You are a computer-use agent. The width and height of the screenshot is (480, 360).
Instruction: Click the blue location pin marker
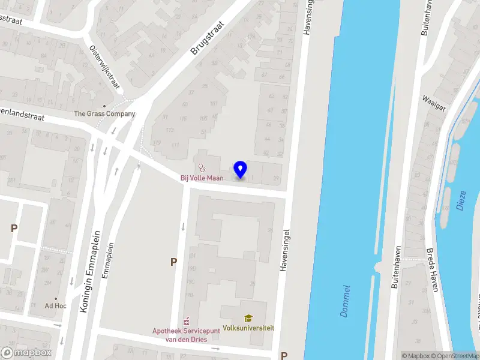[240, 169]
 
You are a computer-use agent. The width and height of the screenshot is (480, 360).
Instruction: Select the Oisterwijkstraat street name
[103, 65]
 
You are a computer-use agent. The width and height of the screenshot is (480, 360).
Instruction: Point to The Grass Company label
[104, 114]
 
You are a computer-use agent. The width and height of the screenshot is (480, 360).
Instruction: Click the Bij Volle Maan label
[202, 178]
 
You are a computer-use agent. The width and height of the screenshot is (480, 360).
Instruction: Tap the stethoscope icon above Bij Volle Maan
[202, 169]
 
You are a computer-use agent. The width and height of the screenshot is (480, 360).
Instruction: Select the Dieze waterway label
[461, 199]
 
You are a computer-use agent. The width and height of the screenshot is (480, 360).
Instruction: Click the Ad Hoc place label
[55, 306]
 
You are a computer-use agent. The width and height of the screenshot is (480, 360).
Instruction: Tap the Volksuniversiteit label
[248, 328]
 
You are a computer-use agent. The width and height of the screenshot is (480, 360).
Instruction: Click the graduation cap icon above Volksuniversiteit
[248, 319]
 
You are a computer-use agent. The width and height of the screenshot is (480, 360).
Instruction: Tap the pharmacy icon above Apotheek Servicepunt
[187, 321]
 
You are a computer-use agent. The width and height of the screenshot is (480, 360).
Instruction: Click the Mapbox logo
[26, 353]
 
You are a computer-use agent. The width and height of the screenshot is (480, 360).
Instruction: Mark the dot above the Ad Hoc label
[55, 298]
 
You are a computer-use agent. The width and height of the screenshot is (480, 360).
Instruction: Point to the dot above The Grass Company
[104, 106]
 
